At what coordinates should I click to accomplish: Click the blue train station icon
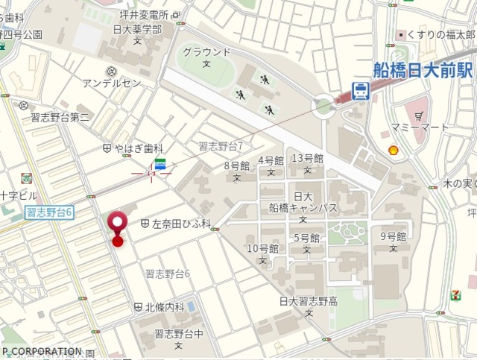(360, 91)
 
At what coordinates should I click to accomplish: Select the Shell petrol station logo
(394, 150)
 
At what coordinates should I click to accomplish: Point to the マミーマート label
(425, 127)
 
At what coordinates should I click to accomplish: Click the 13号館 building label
(307, 158)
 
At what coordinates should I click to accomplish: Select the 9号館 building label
(393, 237)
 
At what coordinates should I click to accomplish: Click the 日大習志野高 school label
(309, 301)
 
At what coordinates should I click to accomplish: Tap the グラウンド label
(206, 52)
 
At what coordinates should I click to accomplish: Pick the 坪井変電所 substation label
(143, 14)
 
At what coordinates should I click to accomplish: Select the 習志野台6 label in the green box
(49, 212)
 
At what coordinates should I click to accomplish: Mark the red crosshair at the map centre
(151, 173)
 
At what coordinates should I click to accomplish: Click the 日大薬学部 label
(138, 29)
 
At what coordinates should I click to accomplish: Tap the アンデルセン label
(112, 82)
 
